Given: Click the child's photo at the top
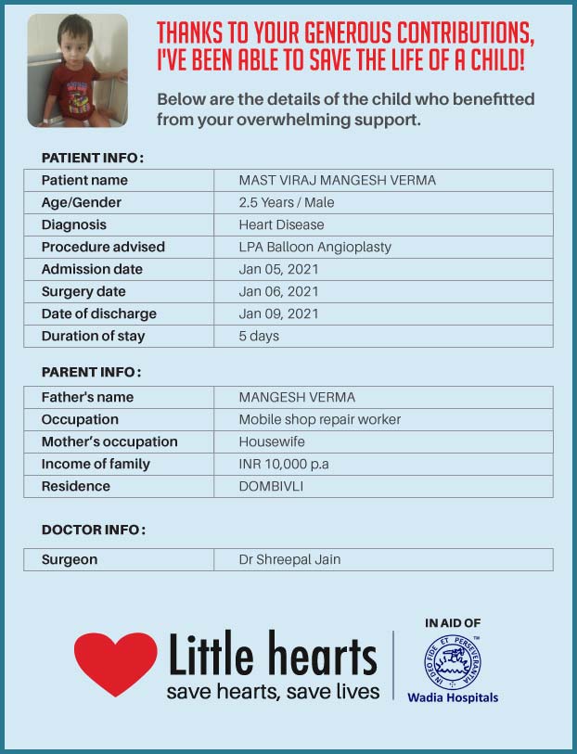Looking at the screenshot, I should click(x=77, y=71).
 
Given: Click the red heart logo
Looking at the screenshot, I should click(x=115, y=662).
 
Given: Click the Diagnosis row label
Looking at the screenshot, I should click(x=74, y=224).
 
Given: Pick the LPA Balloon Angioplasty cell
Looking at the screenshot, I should click(x=315, y=247).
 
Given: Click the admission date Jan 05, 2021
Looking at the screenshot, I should click(x=279, y=269).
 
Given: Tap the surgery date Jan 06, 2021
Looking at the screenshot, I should click(x=279, y=291).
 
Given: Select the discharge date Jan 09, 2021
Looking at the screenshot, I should click(x=279, y=313).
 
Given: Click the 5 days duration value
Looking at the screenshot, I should click(x=259, y=336).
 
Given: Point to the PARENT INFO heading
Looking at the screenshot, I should click(x=91, y=372).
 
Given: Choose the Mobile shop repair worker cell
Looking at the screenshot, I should click(x=320, y=419).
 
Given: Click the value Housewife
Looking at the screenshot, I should click(x=272, y=441).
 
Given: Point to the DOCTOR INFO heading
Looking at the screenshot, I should click(x=94, y=530).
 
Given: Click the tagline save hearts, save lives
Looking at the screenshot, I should click(x=273, y=692).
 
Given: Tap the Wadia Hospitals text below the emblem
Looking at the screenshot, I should click(x=453, y=697).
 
